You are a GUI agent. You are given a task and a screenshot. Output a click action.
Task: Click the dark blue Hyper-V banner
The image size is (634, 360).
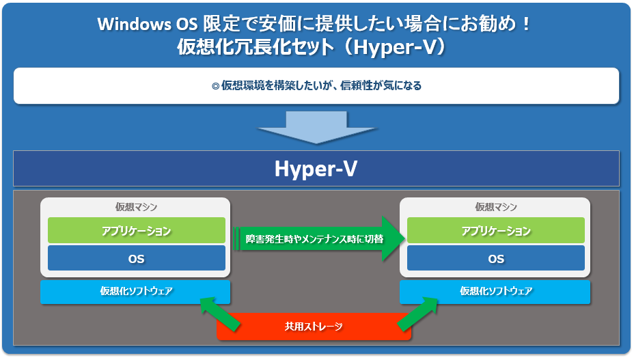click(316, 168)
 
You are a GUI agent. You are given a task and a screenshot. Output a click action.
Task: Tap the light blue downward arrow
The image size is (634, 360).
click(316, 128)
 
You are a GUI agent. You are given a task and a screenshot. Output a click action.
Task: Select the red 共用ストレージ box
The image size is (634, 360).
click(314, 326)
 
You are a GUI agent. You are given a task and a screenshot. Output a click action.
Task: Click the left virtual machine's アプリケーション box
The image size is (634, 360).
click(137, 231)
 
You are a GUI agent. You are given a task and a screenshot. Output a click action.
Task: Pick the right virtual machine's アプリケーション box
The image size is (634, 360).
click(496, 231)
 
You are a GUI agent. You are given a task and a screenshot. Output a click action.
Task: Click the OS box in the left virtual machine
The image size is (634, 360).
click(137, 258)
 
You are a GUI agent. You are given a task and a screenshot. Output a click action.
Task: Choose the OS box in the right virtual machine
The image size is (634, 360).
click(496, 258)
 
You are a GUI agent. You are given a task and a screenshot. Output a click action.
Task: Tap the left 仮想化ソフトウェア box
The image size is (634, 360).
click(135, 291)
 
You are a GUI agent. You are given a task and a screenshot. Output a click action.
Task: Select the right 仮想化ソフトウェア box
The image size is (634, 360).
click(495, 291)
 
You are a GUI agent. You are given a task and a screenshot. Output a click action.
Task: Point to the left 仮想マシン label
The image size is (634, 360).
click(136, 207)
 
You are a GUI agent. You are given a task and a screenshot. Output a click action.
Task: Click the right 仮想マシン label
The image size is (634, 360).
click(496, 207)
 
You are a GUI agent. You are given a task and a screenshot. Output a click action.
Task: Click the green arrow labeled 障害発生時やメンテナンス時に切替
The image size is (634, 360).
click(320, 238)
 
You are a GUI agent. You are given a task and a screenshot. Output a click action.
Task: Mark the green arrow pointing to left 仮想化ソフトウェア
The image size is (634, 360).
click(221, 314)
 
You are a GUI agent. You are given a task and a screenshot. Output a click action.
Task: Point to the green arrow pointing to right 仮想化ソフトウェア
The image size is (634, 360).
click(417, 314)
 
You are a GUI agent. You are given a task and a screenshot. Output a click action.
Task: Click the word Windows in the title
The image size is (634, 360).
click(134, 25)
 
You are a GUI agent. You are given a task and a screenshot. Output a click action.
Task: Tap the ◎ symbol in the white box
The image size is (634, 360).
click(215, 86)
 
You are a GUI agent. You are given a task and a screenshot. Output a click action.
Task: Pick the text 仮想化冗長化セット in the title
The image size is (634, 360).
click(256, 47)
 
